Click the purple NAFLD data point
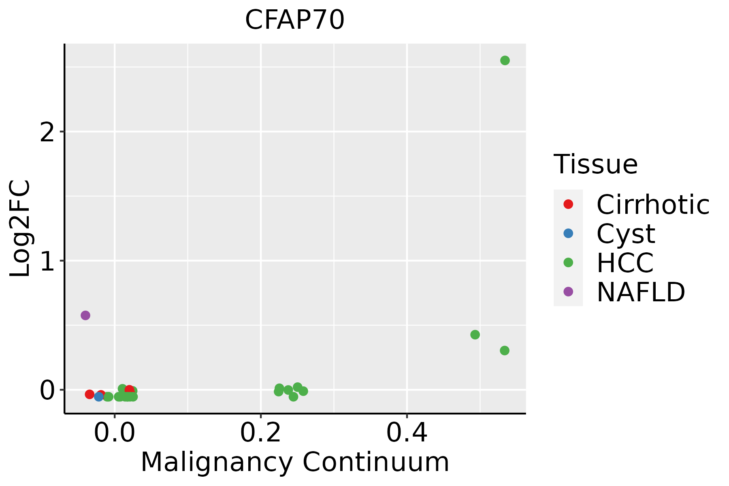pyautogui.click(x=85, y=315)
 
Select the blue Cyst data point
pyautogui.click(x=99, y=396)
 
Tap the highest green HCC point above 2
pyautogui.click(x=505, y=60)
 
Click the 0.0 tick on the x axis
pyautogui.click(x=115, y=433)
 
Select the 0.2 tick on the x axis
pyautogui.click(x=261, y=433)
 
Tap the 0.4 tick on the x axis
pyautogui.click(x=407, y=433)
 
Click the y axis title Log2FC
pyautogui.click(x=20, y=228)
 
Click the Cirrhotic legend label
pyautogui.click(x=652, y=205)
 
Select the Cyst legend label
pyautogui.click(x=626, y=234)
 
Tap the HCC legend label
pyautogui.click(x=625, y=262)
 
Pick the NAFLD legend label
pyautogui.click(x=641, y=292)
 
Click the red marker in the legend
pyautogui.click(x=568, y=204)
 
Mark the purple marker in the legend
pyautogui.click(x=568, y=291)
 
